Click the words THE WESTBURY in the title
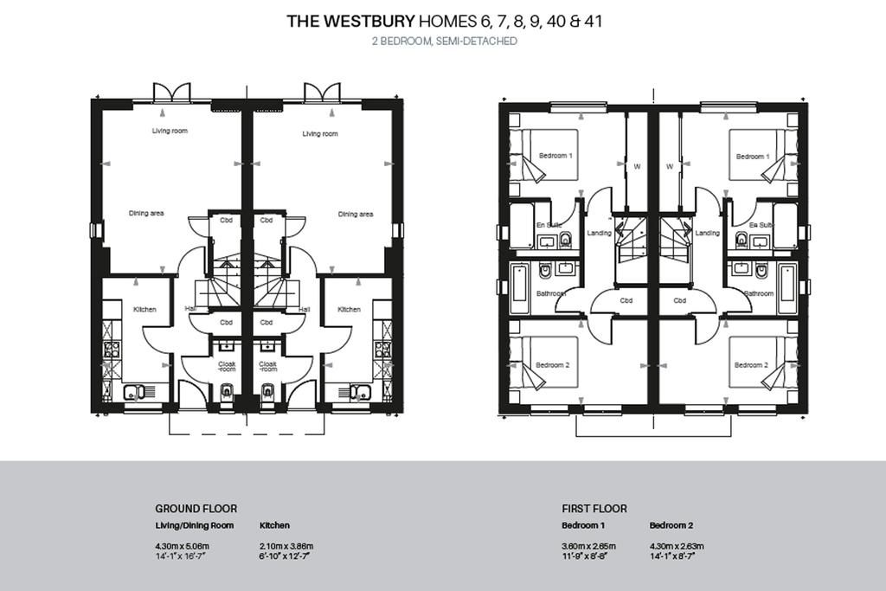point(350,22)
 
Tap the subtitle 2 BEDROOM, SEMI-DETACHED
point(444,41)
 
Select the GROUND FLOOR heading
point(196,509)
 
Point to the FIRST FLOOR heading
point(594,509)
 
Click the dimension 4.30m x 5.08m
point(182,546)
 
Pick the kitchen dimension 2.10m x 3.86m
point(286,546)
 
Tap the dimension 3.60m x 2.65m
point(589,546)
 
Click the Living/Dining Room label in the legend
point(195,525)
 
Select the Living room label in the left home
point(170,132)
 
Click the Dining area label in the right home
point(355,215)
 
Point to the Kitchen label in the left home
point(144,310)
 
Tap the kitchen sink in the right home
point(357,391)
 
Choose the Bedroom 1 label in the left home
point(555,156)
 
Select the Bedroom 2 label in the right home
point(751,365)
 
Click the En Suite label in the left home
point(550,225)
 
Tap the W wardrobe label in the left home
point(637,166)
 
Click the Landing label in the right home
point(707,233)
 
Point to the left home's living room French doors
point(170,93)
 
